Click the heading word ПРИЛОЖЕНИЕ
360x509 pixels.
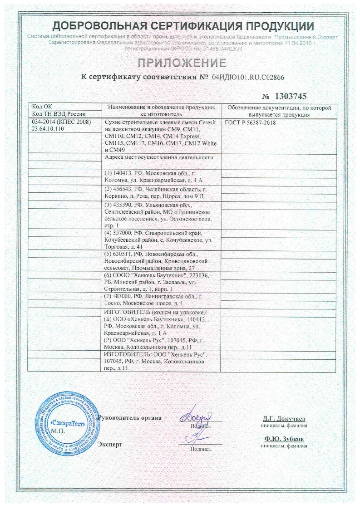[x=180, y=62]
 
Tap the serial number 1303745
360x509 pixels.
[x=291, y=96]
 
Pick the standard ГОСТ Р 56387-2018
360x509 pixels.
[x=251, y=122]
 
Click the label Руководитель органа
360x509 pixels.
[x=130, y=417]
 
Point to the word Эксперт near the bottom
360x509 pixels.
[x=110, y=444]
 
